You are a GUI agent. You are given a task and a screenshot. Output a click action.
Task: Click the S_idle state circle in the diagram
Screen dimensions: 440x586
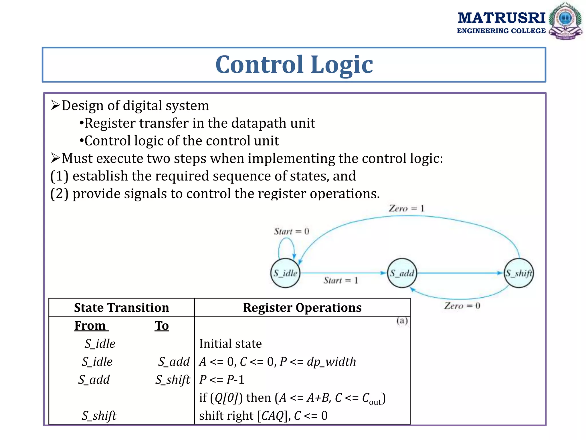[x=285, y=273]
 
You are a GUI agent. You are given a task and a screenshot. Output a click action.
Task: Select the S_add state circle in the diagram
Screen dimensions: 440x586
[x=402, y=273]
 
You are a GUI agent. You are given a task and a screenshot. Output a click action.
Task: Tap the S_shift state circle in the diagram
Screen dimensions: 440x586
[x=519, y=273]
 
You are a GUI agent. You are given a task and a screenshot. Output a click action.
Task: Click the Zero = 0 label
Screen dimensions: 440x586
[x=462, y=306]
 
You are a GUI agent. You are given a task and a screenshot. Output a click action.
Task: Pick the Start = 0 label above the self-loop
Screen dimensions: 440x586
[x=291, y=231]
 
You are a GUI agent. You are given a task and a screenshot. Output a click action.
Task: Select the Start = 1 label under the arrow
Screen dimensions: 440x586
[x=340, y=280]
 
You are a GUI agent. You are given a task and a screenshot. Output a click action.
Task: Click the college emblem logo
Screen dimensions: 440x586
[x=565, y=21]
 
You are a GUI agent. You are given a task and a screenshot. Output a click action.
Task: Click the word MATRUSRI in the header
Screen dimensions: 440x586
[x=501, y=18]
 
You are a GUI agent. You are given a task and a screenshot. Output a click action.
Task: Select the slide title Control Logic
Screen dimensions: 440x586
[x=294, y=64]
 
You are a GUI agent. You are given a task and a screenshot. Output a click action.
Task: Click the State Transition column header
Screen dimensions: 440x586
[x=121, y=307]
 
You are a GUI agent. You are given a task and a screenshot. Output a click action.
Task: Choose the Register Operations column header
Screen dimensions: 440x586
[x=302, y=307]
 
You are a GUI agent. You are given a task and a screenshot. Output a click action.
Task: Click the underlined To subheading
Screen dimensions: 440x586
[x=162, y=326]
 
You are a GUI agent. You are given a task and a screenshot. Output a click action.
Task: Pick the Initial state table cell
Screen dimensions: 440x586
[x=230, y=343]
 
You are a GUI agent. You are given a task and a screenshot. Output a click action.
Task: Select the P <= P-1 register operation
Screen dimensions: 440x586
[x=222, y=380]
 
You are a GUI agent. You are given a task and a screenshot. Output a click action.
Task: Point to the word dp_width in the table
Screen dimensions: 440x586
[x=331, y=362]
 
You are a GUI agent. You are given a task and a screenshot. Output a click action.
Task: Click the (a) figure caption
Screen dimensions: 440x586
[x=402, y=321]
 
